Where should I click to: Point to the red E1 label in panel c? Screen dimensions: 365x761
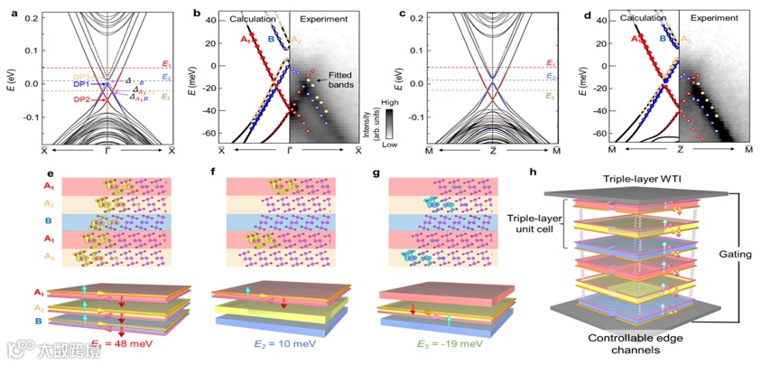point(552,65)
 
